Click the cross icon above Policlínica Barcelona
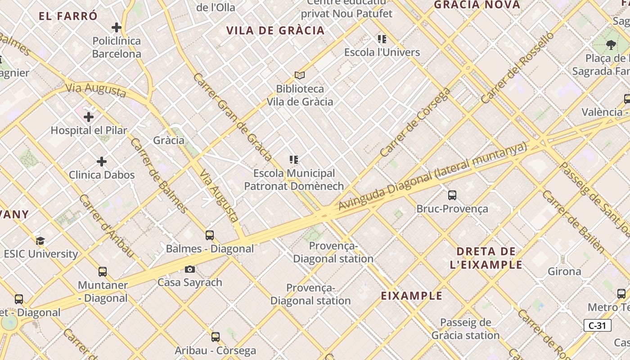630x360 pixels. click(x=117, y=27)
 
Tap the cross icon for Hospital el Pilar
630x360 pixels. click(x=89, y=117)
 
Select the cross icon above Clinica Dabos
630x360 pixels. click(x=102, y=161)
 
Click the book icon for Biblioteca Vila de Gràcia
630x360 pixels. click(x=299, y=75)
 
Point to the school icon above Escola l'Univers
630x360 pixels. click(x=382, y=39)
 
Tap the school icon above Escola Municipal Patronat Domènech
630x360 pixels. click(x=294, y=160)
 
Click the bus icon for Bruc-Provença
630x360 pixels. click(x=452, y=195)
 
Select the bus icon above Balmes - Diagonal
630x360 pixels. click(x=209, y=235)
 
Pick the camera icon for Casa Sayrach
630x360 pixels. click(x=190, y=269)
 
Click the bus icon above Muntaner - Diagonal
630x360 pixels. click(x=103, y=272)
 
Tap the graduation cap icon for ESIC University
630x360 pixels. click(x=40, y=241)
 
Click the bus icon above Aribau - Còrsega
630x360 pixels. click(x=216, y=337)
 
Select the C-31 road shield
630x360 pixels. click(x=597, y=325)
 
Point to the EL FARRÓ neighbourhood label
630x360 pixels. click(x=68, y=16)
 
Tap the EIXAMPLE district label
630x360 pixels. click(x=412, y=296)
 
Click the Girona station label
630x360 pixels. click(x=564, y=271)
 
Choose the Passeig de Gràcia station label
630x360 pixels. click(x=465, y=328)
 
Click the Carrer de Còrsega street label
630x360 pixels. click(x=415, y=122)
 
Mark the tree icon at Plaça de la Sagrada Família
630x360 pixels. click(x=611, y=45)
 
